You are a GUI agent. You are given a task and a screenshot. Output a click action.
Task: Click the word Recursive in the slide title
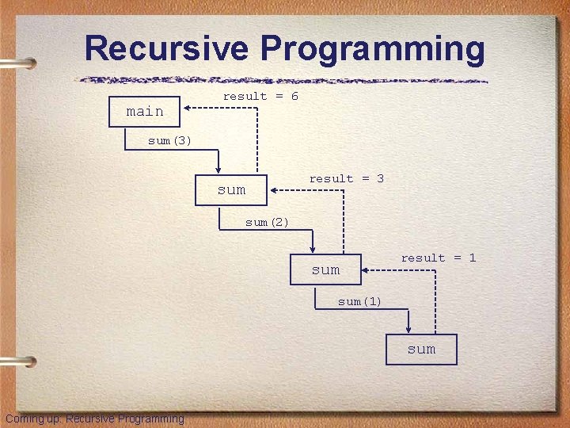click(x=167, y=48)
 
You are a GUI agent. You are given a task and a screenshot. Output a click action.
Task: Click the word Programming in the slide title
click(x=372, y=48)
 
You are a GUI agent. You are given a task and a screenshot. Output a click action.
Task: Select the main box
click(x=146, y=112)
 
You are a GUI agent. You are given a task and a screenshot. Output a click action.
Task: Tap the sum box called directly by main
click(x=231, y=190)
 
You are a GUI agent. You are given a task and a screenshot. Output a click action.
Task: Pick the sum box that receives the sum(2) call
click(x=325, y=269)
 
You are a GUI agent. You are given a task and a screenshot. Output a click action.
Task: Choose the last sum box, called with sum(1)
click(x=421, y=349)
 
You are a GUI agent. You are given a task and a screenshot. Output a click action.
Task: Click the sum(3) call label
click(x=169, y=141)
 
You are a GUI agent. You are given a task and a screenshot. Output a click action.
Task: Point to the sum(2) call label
click(x=267, y=223)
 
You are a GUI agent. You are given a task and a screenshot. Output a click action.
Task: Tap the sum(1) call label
click(x=359, y=301)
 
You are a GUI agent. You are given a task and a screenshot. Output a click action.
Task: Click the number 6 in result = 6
click(x=294, y=96)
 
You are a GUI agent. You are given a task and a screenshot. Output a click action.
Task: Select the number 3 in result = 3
click(x=380, y=179)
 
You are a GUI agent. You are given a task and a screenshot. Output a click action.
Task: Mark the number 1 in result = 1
click(x=472, y=258)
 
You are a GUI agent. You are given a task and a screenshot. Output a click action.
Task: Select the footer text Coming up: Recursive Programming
click(x=94, y=418)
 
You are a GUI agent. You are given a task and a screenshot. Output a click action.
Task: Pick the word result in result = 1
click(x=423, y=258)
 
